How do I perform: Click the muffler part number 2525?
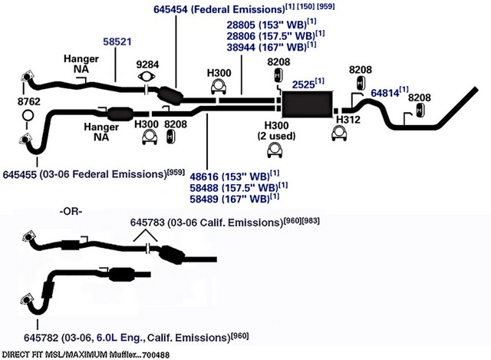tap(304, 84)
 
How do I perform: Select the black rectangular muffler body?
tap(307, 104)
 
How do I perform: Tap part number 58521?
tap(117, 41)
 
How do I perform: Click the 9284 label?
tap(147, 64)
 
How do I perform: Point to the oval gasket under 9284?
tap(147, 77)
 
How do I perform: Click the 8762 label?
tap(29, 101)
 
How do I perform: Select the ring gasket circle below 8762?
tap(28, 116)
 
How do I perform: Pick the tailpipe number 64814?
tap(385, 93)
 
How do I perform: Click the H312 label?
tap(348, 120)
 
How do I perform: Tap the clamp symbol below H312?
tap(339, 133)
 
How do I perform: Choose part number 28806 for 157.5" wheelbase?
tap(241, 36)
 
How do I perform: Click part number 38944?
tap(241, 48)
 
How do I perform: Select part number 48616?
tap(204, 177)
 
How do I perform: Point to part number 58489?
tap(204, 199)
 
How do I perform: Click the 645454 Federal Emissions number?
tap(170, 9)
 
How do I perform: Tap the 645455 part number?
tap(20, 174)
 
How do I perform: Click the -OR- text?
tap(71, 212)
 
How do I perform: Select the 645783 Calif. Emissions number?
tap(147, 223)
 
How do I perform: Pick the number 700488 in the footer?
tap(156, 355)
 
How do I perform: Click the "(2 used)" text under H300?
tap(276, 136)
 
